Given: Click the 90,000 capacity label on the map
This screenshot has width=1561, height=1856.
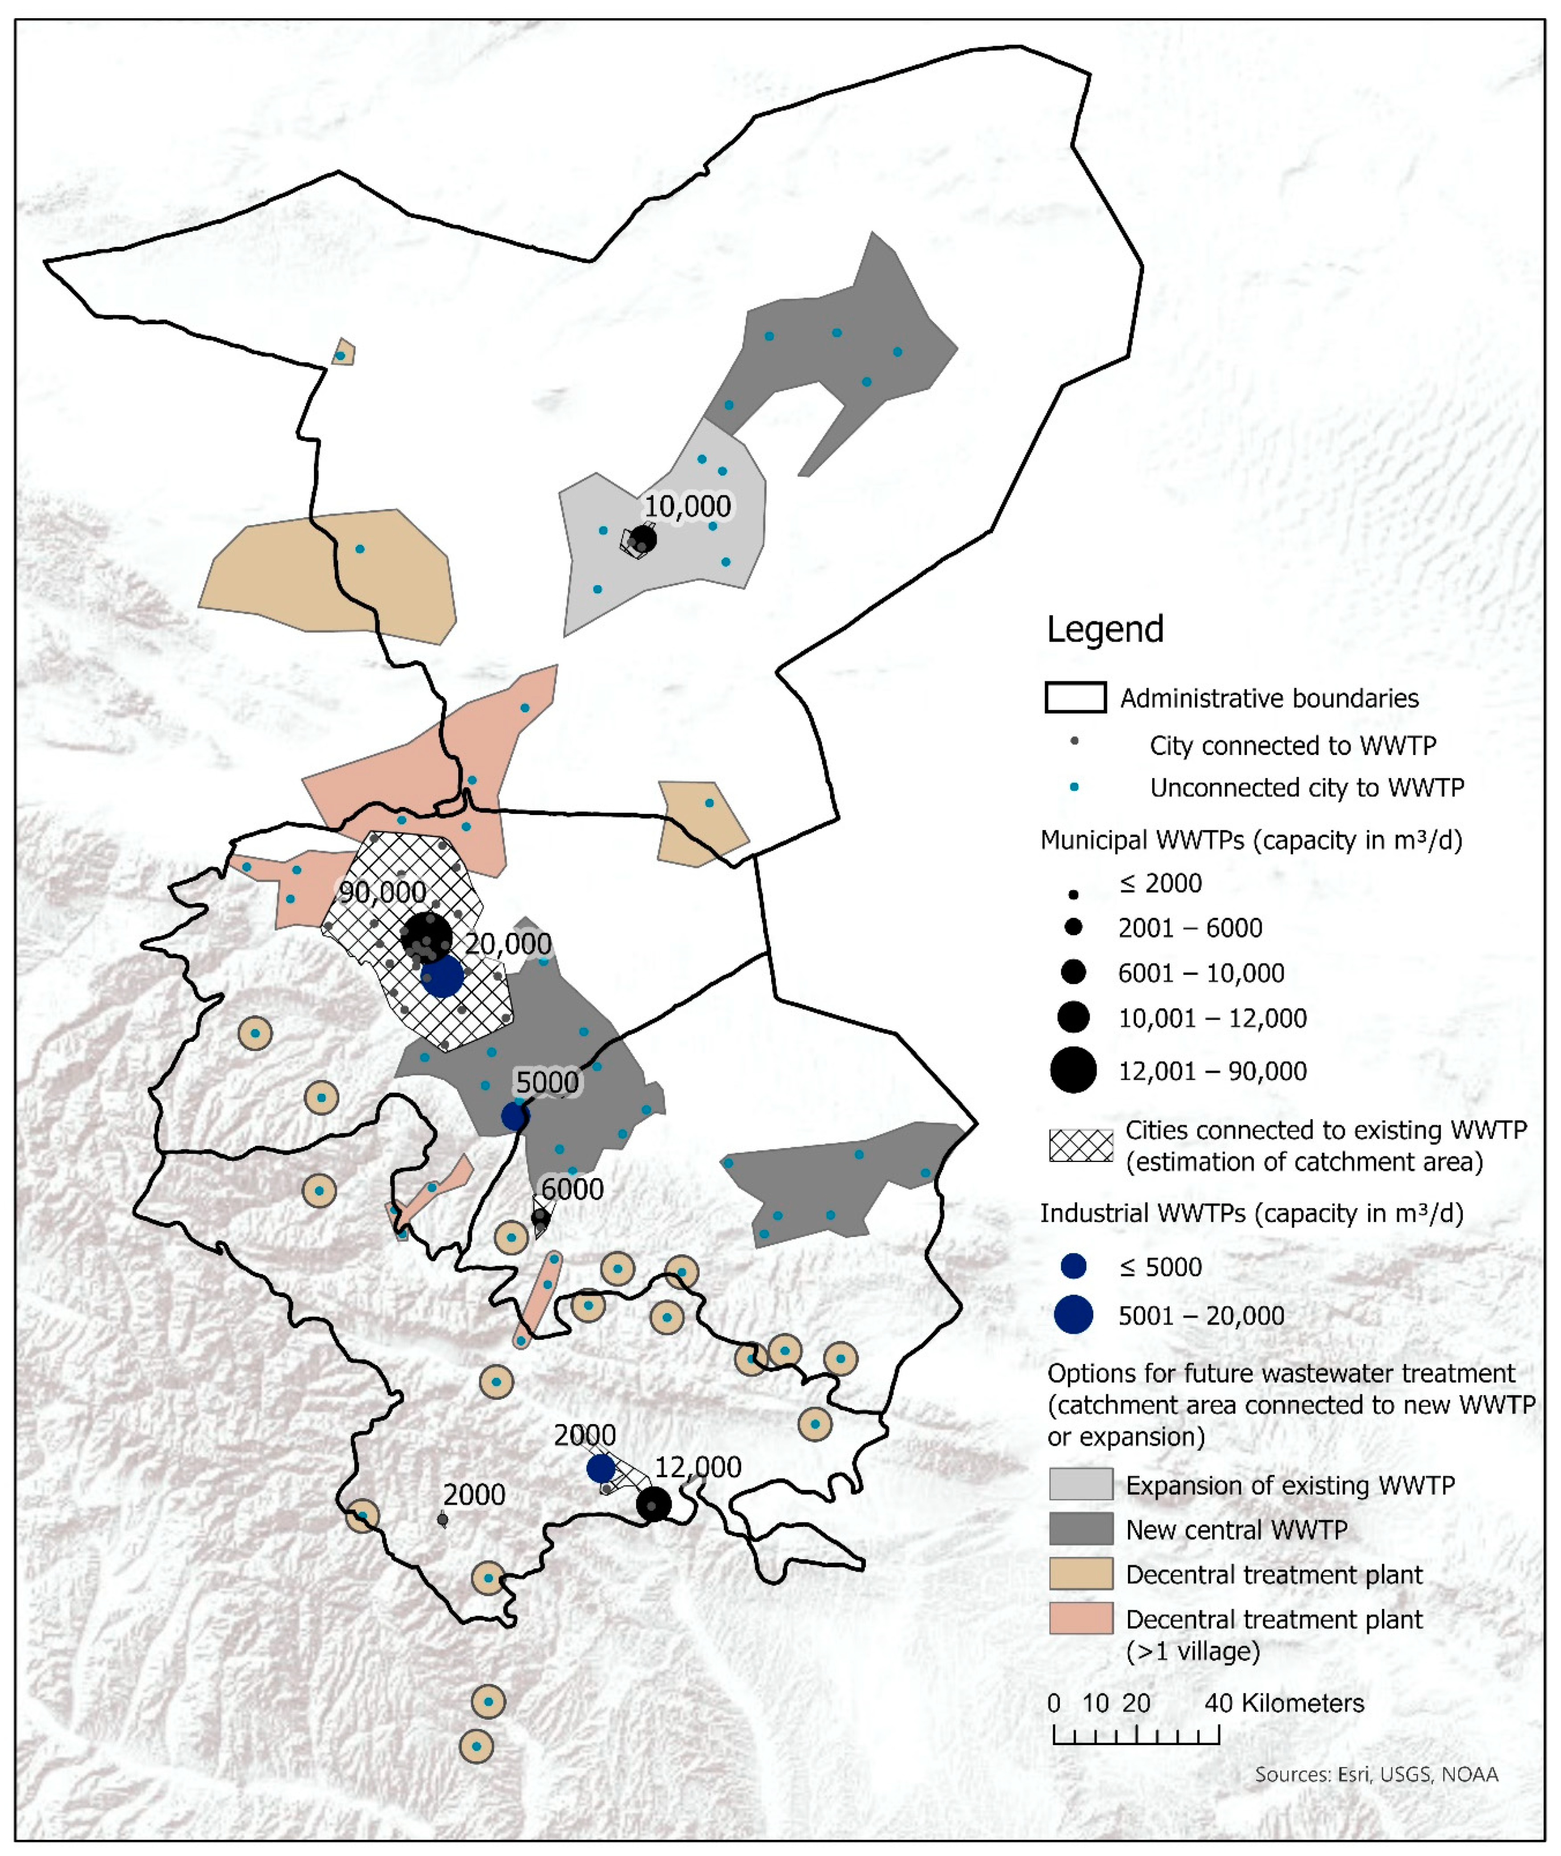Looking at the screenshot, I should (x=382, y=892).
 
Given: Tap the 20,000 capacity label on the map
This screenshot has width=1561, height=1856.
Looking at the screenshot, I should (x=509, y=944).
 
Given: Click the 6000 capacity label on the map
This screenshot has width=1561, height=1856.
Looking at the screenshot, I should (x=572, y=1189).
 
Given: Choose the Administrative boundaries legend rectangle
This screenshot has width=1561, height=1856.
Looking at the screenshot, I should (x=1075, y=698).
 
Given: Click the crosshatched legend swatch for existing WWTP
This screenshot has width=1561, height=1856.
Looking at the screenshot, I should (x=1080, y=1146).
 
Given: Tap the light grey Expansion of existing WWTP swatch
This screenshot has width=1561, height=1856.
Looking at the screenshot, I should (x=1080, y=1485).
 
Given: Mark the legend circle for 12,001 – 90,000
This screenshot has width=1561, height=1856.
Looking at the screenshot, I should (x=1073, y=1070).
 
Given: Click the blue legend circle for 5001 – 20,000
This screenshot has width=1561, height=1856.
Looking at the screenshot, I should (x=1073, y=1315).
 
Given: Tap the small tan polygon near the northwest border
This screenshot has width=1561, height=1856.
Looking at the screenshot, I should (x=343, y=352).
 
